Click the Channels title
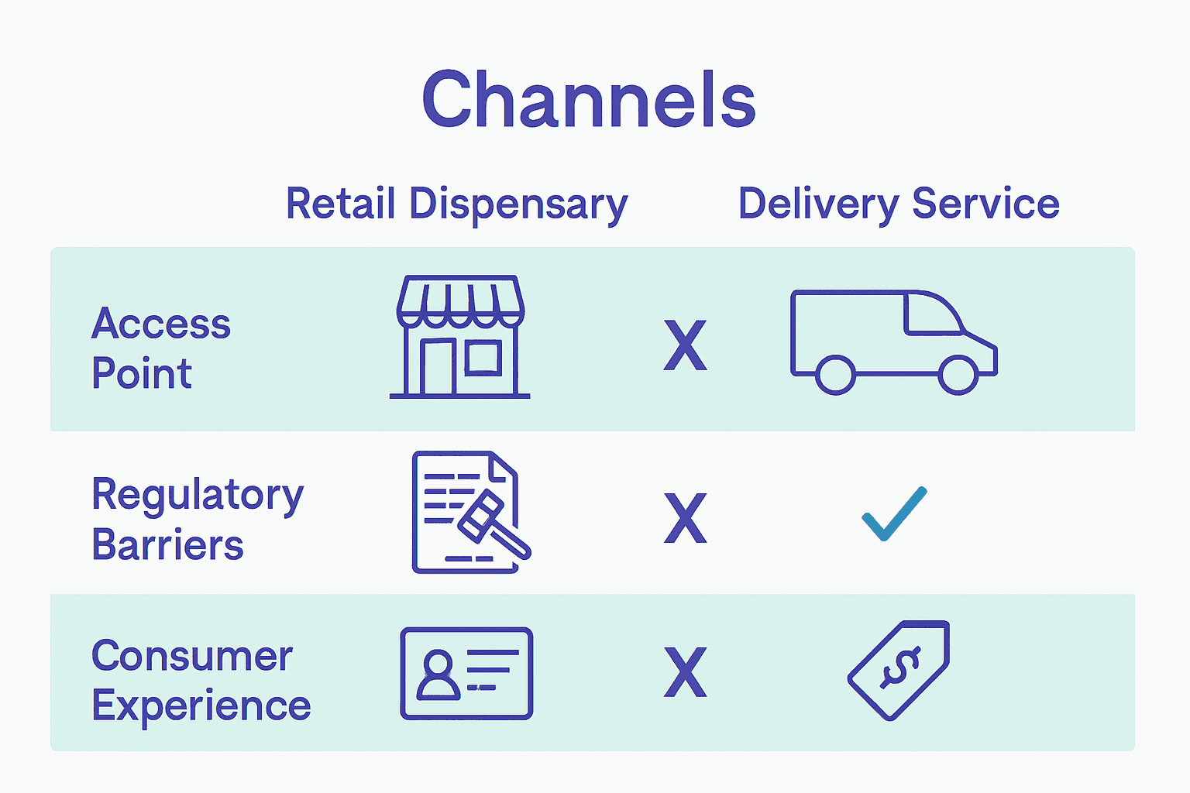(589, 99)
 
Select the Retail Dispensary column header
(457, 204)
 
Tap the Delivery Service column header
(899, 204)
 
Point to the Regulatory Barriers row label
(198, 518)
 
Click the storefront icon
(460, 337)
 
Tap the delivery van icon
(894, 342)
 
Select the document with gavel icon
(472, 512)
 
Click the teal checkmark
(895, 513)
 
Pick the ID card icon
(466, 674)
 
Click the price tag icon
(899, 671)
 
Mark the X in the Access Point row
(686, 345)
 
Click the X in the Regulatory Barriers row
(686, 518)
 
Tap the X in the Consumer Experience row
(686, 672)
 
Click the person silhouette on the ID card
(439, 675)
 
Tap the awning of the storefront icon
(461, 301)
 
